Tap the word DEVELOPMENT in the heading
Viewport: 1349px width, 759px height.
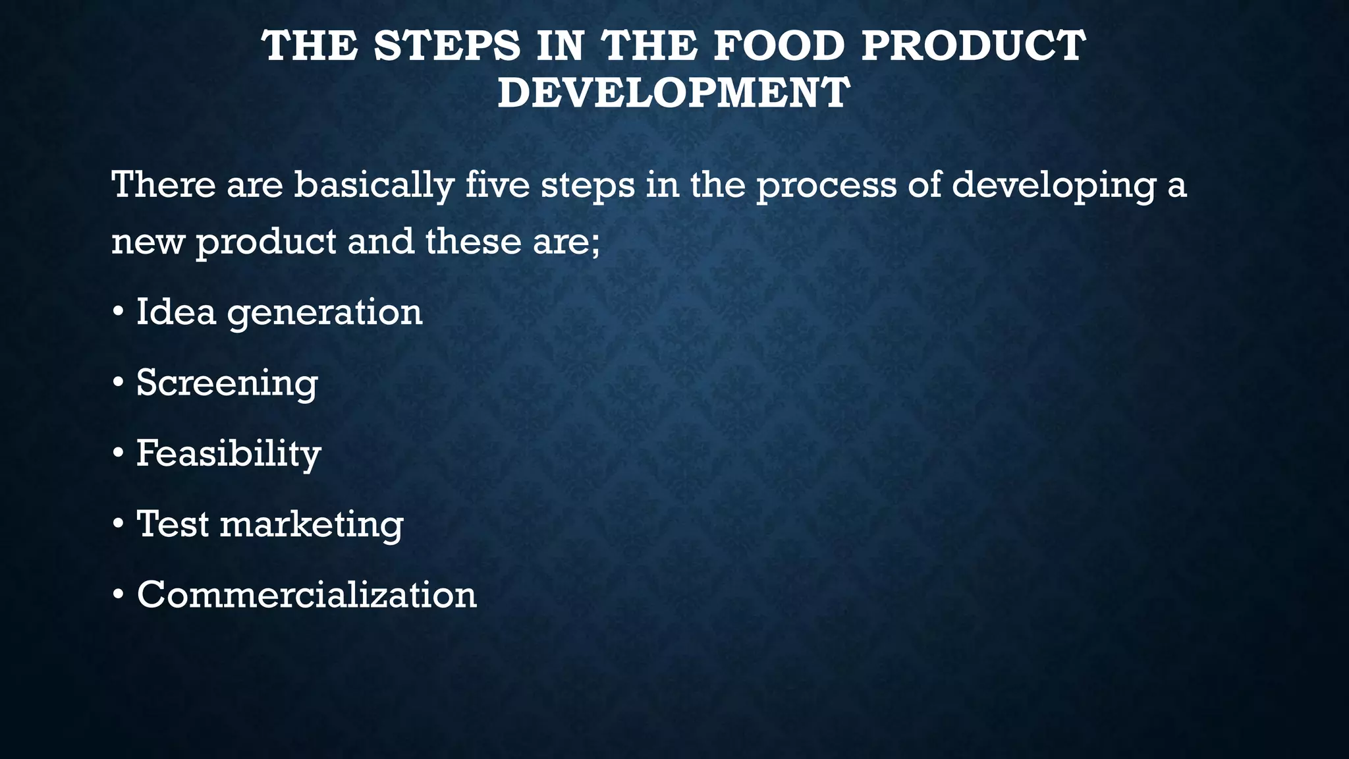674,92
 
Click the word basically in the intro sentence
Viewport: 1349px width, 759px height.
373,185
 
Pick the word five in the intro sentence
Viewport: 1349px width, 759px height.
497,184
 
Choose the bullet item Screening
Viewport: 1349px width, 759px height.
227,383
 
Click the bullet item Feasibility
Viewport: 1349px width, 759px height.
229,454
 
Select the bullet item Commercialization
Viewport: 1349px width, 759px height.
306,594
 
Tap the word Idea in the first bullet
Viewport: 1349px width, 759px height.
176,311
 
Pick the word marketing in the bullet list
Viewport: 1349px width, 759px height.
312,525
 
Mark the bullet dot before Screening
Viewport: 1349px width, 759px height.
118,383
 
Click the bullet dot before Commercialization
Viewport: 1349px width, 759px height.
118,595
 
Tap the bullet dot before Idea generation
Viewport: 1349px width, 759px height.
118,312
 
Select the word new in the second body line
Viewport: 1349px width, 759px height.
148,242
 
